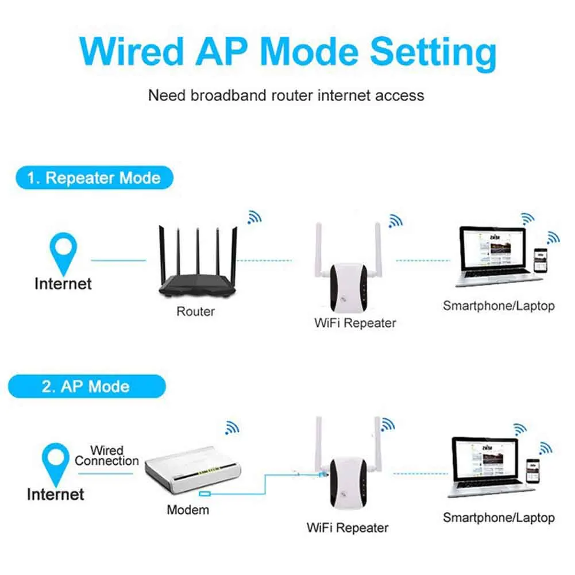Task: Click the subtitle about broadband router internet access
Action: tap(286, 95)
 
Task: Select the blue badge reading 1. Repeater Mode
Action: tap(94, 178)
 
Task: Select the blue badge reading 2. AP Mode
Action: tap(86, 386)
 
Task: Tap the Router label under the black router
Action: tap(195, 312)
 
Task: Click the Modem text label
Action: tap(188, 510)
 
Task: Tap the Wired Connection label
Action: tap(107, 456)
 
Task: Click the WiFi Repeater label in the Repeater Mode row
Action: tap(355, 323)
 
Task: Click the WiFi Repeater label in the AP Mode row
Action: tap(348, 527)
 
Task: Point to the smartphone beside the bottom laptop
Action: tap(532, 472)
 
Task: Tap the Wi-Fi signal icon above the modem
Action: tap(232, 427)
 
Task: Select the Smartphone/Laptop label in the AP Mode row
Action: tap(499, 518)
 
